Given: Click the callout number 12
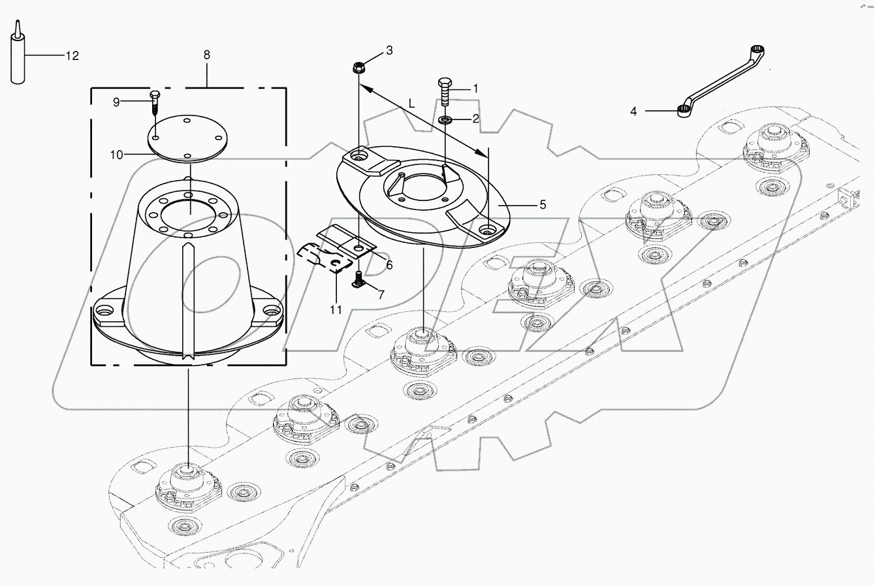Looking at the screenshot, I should [72, 56].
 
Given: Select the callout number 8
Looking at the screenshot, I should [207, 54].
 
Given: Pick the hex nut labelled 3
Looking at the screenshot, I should [358, 67].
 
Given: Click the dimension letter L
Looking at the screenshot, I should [411, 103].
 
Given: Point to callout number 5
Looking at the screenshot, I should [542, 204].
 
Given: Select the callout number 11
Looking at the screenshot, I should [336, 310].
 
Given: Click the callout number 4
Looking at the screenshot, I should [633, 112].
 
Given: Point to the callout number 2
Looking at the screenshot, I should [476, 119].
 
